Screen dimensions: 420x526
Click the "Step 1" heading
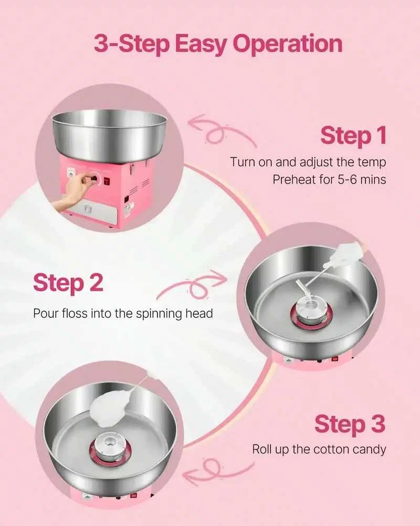coord(353,135)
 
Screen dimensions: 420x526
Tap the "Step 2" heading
coord(68,283)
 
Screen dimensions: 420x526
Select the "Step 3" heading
coord(350,423)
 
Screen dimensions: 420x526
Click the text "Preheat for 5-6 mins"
coord(329,180)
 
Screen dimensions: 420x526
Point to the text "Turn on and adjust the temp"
coord(308,163)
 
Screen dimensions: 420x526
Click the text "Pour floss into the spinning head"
coord(123,313)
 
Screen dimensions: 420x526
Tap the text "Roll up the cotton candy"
coord(319,449)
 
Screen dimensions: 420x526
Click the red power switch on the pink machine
coord(107,181)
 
